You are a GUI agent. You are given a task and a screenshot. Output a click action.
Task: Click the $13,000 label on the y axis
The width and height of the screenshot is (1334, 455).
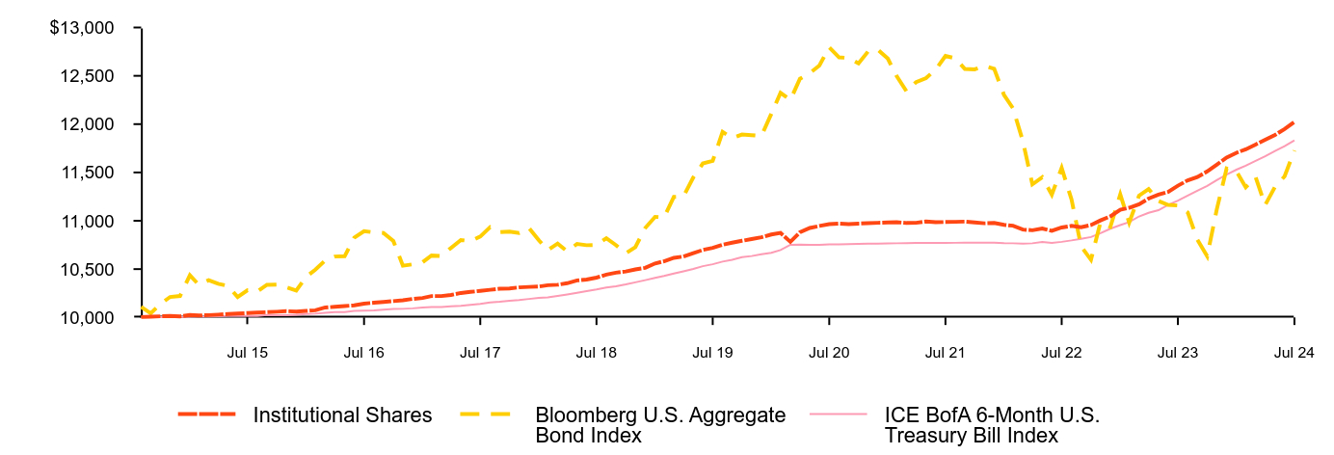click(x=82, y=28)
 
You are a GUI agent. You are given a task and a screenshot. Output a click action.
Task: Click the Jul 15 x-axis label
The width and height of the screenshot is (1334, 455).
click(x=248, y=353)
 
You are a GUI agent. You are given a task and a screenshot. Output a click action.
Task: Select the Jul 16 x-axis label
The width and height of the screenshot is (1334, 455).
click(x=363, y=353)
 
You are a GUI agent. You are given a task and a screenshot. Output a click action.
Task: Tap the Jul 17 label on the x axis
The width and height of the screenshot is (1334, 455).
click(x=480, y=353)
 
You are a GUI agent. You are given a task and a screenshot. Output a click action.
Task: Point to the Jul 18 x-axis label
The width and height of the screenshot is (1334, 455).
click(x=596, y=353)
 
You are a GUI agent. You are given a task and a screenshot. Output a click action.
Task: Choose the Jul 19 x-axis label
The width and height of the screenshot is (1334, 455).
click(x=712, y=353)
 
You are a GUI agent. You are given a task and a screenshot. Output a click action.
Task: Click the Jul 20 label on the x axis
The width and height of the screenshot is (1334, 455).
click(x=829, y=353)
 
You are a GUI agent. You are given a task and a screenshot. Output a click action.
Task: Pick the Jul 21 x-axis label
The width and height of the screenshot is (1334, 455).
click(x=945, y=353)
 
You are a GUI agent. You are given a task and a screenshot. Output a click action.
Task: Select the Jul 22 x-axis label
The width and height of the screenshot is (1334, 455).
click(x=1061, y=353)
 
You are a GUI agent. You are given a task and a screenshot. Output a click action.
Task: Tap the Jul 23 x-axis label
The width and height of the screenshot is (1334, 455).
click(x=1177, y=353)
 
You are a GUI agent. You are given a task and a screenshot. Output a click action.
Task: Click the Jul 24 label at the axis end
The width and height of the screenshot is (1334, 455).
click(x=1294, y=353)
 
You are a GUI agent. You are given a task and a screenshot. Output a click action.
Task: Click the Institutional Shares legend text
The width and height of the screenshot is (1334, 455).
click(x=342, y=415)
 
